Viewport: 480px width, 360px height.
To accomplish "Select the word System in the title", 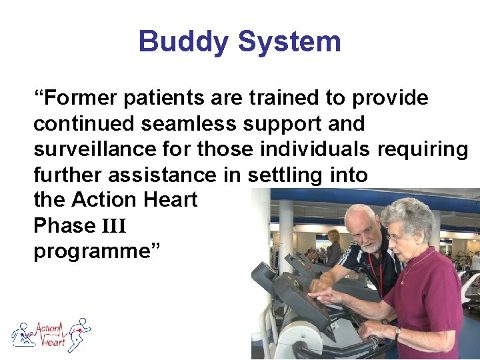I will click(x=289, y=41).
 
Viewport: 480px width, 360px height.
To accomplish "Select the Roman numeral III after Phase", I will click(x=113, y=226).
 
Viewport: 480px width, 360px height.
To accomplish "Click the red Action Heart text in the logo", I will click(x=51, y=334).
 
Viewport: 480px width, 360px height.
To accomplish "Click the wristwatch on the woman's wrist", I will click(x=397, y=331).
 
